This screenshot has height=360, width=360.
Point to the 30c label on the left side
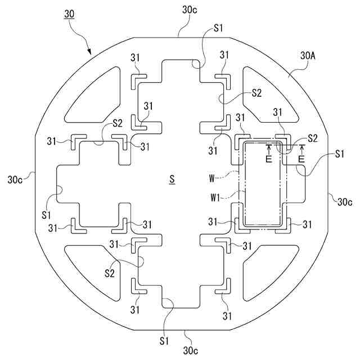[x=15, y=180]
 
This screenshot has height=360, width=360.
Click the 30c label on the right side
[x=344, y=201]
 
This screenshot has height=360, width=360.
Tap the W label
[x=213, y=178]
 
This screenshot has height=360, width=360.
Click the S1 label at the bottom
[x=164, y=340]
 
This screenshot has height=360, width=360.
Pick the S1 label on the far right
[x=340, y=154]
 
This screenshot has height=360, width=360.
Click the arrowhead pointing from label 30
[x=90, y=53]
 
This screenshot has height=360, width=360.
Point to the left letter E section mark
[x=269, y=159]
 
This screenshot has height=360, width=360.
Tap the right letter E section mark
[x=303, y=159]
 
